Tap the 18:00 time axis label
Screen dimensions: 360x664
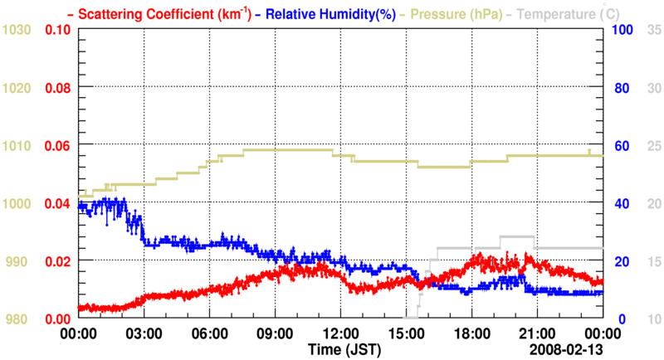click(471, 334)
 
